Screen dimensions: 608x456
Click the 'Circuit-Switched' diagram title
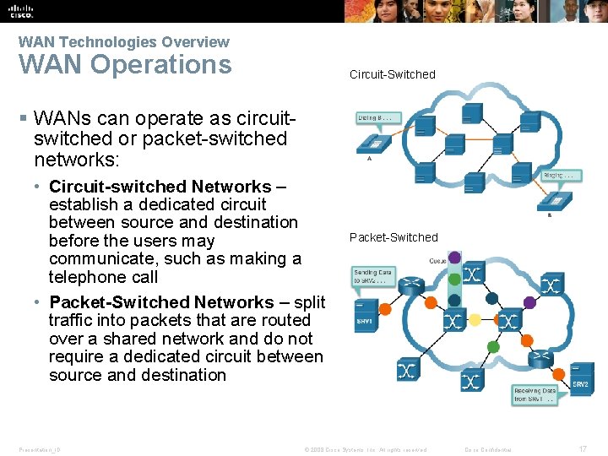(x=393, y=74)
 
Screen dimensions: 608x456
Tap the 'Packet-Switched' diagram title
(x=394, y=237)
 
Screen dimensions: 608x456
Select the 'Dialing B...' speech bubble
(x=374, y=118)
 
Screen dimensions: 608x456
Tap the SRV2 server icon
(x=580, y=377)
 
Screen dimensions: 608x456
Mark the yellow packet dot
(x=475, y=321)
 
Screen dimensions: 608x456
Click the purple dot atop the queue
(x=454, y=258)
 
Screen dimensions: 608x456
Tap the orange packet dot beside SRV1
(x=385, y=309)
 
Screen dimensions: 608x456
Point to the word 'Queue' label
(x=437, y=261)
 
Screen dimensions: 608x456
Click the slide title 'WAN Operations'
(x=125, y=65)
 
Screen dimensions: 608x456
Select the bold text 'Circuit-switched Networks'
(x=160, y=187)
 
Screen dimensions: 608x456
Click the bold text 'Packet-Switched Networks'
(x=161, y=302)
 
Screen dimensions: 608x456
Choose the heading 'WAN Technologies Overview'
(x=123, y=41)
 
